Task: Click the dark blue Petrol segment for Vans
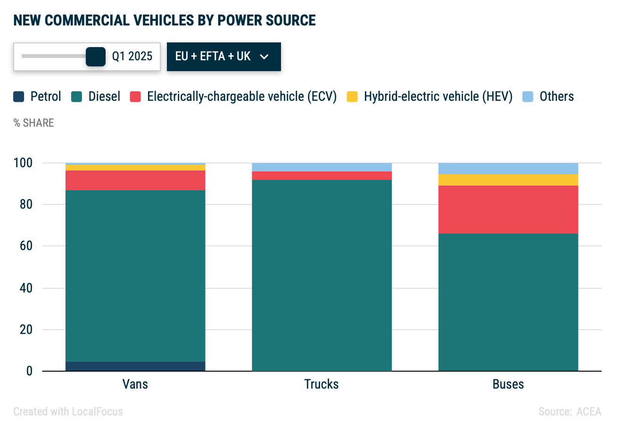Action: [x=135, y=366]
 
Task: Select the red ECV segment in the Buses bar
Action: [x=508, y=209]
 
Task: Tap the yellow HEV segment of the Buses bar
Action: [x=508, y=180]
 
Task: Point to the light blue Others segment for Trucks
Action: [x=322, y=167]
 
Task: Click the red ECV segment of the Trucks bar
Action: [x=322, y=176]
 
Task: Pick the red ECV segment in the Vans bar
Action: [x=135, y=180]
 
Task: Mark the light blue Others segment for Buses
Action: [x=508, y=168]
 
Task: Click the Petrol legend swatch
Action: [x=19, y=97]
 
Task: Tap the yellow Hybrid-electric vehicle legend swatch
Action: [x=352, y=97]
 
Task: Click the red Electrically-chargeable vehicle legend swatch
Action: [x=136, y=97]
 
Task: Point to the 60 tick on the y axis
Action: [x=26, y=246]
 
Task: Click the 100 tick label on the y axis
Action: [x=23, y=163]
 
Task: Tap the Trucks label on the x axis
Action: [x=322, y=384]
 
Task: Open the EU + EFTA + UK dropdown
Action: [x=223, y=57]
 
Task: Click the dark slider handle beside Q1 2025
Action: [x=96, y=57]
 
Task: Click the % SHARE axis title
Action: [x=33, y=123]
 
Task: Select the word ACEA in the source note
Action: [x=589, y=412]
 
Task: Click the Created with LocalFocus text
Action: [x=68, y=412]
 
